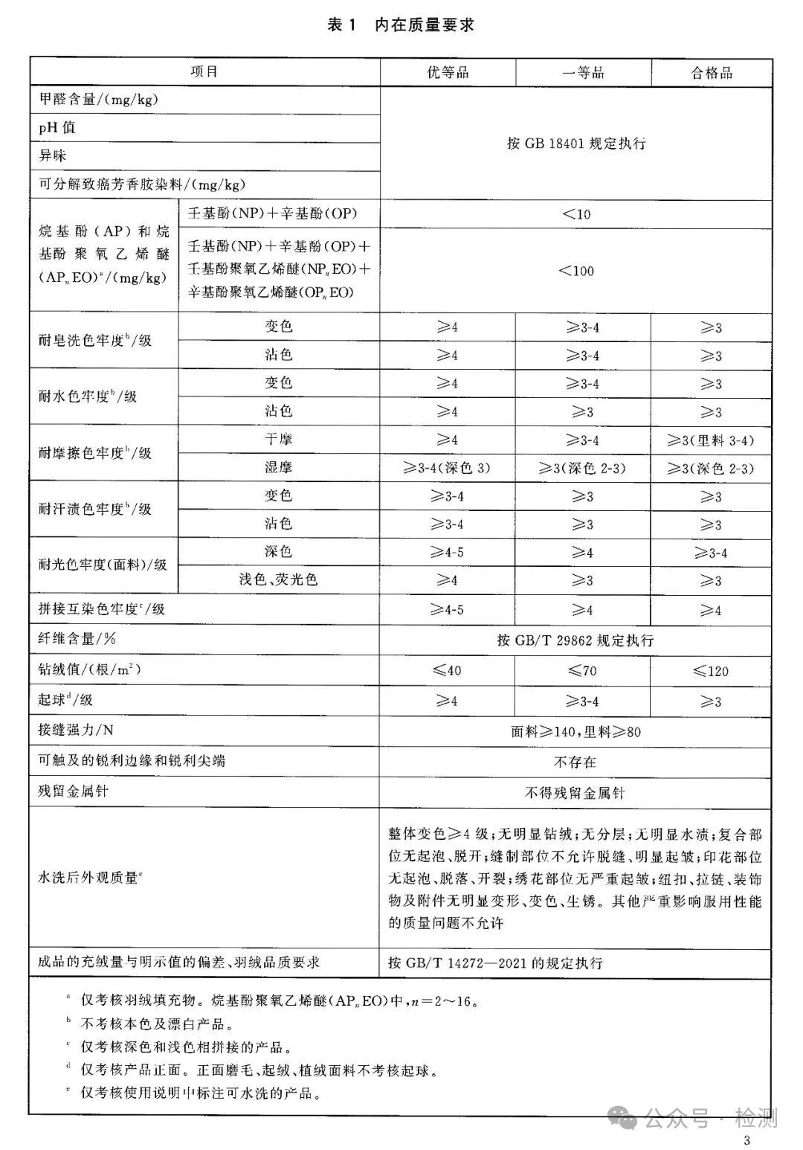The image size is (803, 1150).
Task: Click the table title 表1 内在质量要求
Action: coord(401,25)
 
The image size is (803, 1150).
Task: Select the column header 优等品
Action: coord(448,72)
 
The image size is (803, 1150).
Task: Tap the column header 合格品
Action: coord(712,72)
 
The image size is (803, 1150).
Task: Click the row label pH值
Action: coord(57,128)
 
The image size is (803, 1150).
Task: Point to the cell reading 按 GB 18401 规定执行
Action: coord(576,144)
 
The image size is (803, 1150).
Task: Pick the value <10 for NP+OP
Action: coord(576,214)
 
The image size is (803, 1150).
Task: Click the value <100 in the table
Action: coord(576,271)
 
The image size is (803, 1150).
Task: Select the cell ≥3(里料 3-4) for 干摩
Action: coord(712,440)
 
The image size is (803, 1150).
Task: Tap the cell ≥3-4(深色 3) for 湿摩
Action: coord(448,469)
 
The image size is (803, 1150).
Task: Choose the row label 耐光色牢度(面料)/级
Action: coord(103,565)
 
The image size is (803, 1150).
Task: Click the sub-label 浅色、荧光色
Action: coord(278,579)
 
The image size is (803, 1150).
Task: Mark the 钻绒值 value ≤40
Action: coord(448,670)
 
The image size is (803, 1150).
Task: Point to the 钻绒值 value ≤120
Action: coord(712,671)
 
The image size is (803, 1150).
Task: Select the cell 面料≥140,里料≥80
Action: coord(576,732)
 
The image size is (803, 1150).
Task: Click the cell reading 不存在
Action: coord(575,762)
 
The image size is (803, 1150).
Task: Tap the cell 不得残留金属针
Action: coord(575,793)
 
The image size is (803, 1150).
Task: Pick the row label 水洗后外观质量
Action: coord(90,878)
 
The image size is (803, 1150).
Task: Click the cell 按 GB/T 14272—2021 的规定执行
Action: coord(495,963)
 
